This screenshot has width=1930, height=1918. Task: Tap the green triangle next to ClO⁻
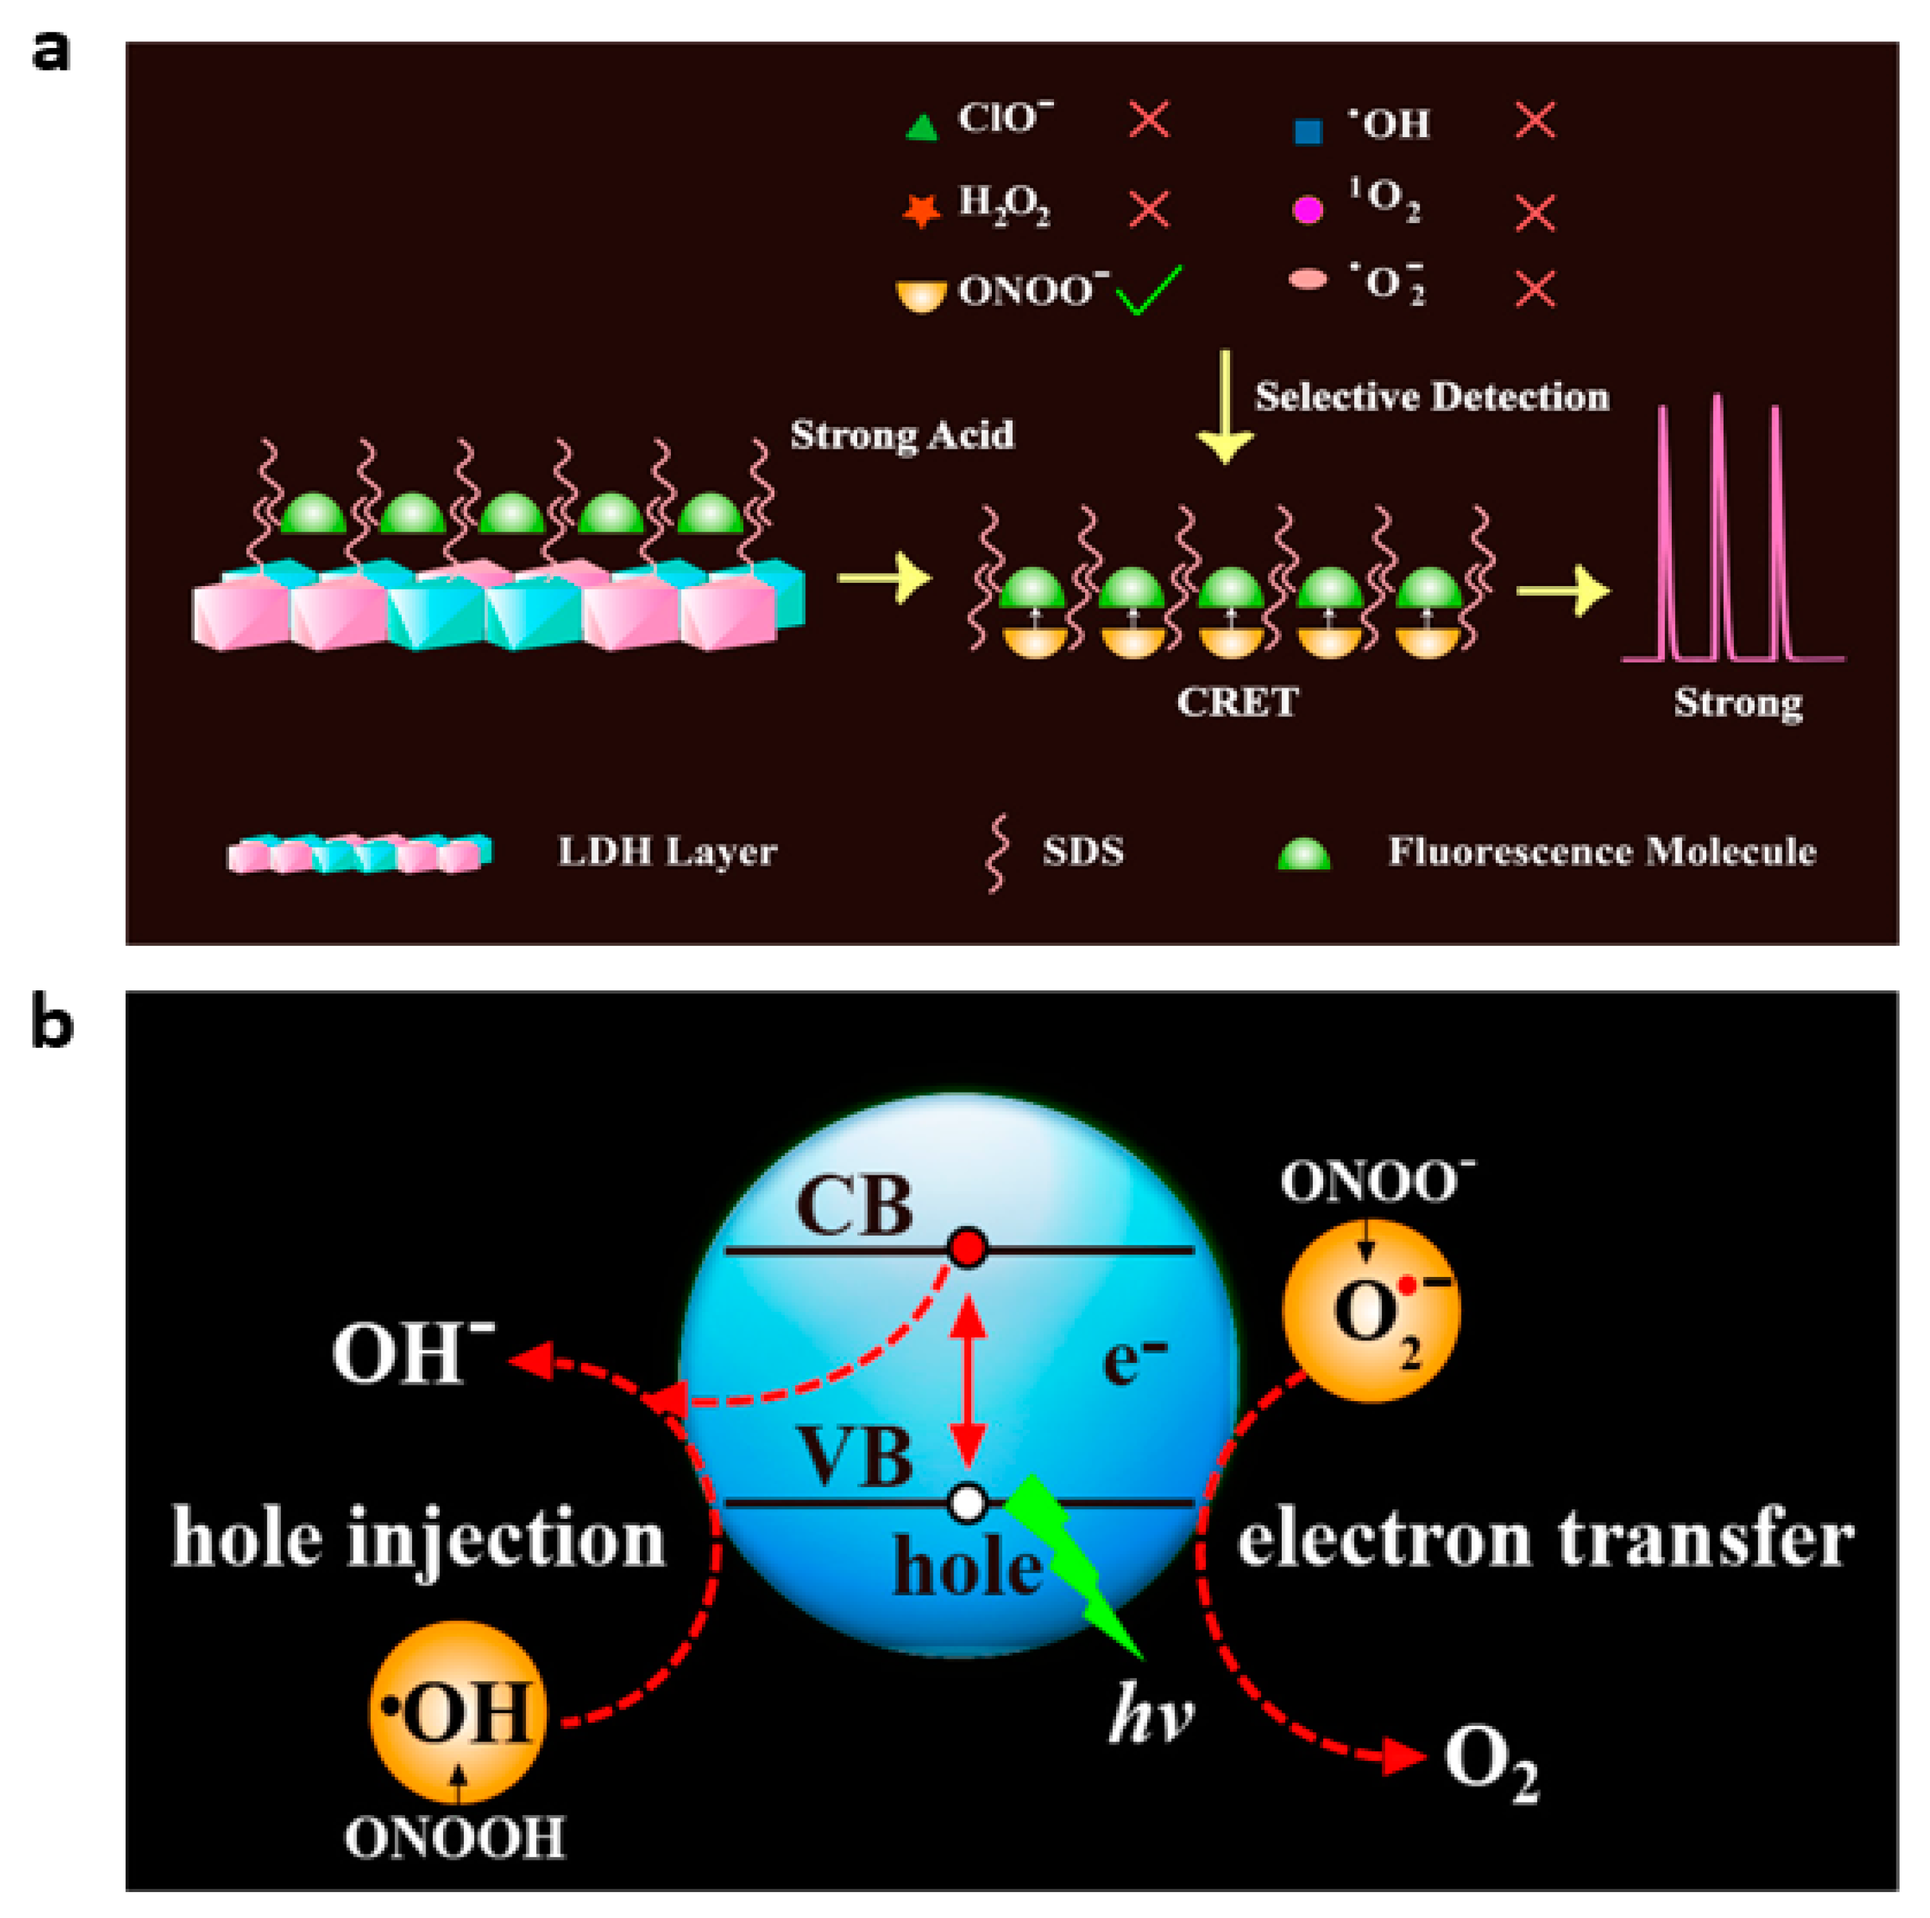click(x=921, y=127)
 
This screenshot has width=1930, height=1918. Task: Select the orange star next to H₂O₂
click(x=921, y=210)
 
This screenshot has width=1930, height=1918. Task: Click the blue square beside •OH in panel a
click(x=1308, y=131)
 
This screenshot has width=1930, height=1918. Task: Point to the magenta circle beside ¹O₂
click(x=1308, y=210)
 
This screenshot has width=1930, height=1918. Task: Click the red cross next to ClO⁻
click(x=1149, y=120)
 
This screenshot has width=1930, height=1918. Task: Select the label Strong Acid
click(x=902, y=435)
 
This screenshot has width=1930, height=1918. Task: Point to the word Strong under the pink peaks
click(x=1738, y=703)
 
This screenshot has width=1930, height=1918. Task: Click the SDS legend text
click(x=1083, y=851)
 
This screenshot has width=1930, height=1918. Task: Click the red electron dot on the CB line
click(x=967, y=1248)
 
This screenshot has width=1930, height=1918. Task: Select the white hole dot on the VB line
click(x=967, y=1501)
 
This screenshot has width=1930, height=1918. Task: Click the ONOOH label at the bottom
click(x=455, y=1837)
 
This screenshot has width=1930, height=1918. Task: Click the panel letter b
click(x=52, y=1025)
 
